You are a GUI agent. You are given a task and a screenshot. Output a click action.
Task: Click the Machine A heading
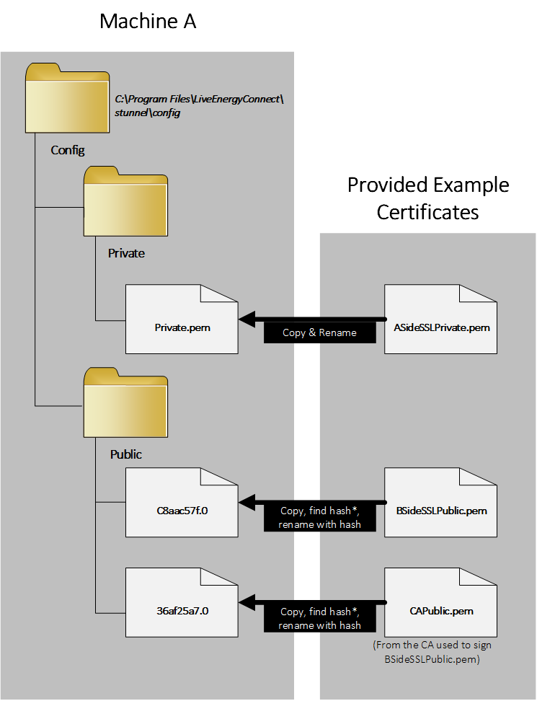148,22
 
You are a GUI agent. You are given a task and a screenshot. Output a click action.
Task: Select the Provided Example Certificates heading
428,198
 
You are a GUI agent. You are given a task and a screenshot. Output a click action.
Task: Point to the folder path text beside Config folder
200,106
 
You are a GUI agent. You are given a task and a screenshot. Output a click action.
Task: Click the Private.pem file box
182,319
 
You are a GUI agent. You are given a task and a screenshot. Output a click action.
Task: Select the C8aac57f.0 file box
182,502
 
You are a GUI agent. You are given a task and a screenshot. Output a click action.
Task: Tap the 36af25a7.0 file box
182,601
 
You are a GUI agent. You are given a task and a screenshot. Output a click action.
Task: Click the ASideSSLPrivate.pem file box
440,319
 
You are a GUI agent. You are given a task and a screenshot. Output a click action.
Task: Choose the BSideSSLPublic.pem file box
440,502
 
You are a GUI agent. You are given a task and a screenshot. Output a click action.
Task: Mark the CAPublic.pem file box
440,601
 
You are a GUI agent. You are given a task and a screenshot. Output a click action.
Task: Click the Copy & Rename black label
321,333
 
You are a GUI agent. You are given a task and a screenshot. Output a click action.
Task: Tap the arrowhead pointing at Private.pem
249,319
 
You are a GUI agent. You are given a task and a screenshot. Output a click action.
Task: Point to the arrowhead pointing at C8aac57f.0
249,502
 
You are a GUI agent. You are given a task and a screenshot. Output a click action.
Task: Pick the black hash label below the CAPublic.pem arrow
320,618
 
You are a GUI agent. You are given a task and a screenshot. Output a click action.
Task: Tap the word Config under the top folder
68,151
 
